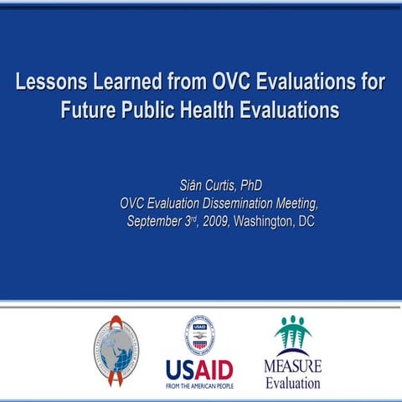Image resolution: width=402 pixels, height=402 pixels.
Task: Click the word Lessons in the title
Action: click(52, 84)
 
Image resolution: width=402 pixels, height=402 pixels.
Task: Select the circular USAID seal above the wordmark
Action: click(199, 333)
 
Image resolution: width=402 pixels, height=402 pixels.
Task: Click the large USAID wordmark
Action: click(199, 369)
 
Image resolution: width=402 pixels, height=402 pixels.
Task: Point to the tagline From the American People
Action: click(199, 385)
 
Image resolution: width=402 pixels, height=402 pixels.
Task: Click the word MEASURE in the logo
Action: click(292, 367)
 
